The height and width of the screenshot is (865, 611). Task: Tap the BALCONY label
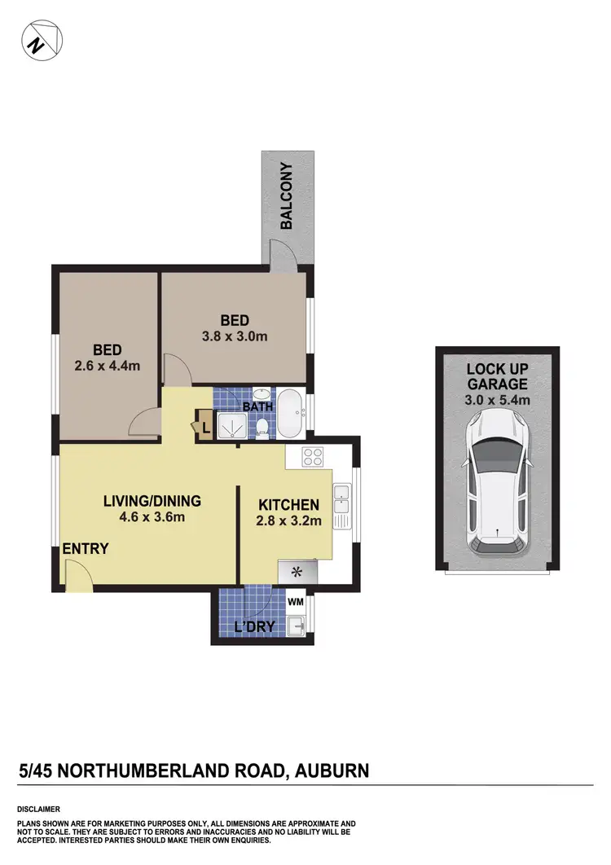click(x=286, y=196)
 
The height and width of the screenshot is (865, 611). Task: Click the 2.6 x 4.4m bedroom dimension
click(x=107, y=366)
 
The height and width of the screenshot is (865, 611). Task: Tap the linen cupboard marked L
click(x=204, y=425)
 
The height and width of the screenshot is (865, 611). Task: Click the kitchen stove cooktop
click(x=314, y=457)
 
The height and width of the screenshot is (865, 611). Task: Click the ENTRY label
click(x=86, y=549)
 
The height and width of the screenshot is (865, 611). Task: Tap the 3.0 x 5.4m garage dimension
click(x=497, y=399)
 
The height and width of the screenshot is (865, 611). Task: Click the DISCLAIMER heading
click(x=39, y=810)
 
